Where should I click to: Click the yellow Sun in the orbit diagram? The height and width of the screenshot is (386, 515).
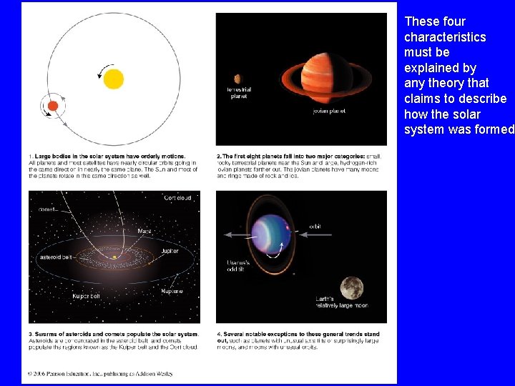[x=113, y=78]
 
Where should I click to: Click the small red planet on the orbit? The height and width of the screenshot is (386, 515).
[x=52, y=106]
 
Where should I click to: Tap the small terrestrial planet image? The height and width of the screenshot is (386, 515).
[x=237, y=79]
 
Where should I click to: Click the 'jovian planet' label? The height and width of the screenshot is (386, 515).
[x=330, y=111]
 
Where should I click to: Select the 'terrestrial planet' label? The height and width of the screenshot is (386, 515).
[x=239, y=93]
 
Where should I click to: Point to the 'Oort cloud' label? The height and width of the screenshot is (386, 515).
[x=177, y=198]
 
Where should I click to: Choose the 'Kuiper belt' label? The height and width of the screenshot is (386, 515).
[x=87, y=295]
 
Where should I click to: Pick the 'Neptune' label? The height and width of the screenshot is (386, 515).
[x=172, y=291]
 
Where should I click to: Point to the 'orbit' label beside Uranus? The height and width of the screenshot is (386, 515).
[x=315, y=227]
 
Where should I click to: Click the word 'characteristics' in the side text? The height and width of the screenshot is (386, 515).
[x=445, y=37]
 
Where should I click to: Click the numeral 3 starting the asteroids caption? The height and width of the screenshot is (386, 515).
[x=31, y=334]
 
